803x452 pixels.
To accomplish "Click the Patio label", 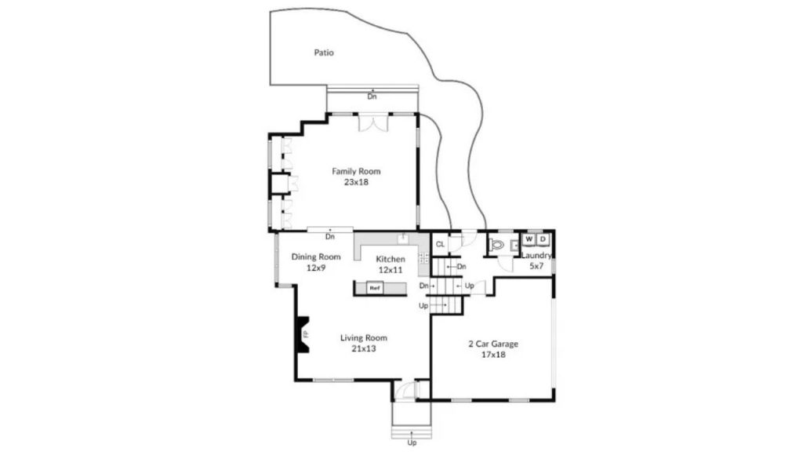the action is click(x=324, y=53).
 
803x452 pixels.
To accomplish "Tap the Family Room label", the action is click(x=356, y=171).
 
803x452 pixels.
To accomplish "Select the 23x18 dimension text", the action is click(x=356, y=182).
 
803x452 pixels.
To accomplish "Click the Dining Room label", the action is click(x=316, y=257).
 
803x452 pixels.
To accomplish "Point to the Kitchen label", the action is click(x=391, y=259).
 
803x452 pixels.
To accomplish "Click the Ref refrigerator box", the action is click(x=374, y=288).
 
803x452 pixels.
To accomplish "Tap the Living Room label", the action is click(x=364, y=337).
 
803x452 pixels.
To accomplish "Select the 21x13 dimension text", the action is click(x=364, y=348).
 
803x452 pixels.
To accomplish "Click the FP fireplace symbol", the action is click(x=303, y=334).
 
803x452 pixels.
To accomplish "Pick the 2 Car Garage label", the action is click(x=493, y=344).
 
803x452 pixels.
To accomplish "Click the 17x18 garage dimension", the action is click(x=493, y=355).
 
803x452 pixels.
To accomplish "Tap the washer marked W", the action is click(x=529, y=239).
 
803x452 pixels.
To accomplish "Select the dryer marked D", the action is click(x=543, y=239).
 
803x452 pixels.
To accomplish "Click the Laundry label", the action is click(x=536, y=255).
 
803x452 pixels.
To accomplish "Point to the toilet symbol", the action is click(x=496, y=245).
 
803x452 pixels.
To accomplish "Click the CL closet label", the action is click(x=440, y=245).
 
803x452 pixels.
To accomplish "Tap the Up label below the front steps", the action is click(x=412, y=443).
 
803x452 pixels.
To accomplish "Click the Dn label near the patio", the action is click(x=372, y=97).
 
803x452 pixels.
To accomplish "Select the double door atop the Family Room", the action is click(x=372, y=123).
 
